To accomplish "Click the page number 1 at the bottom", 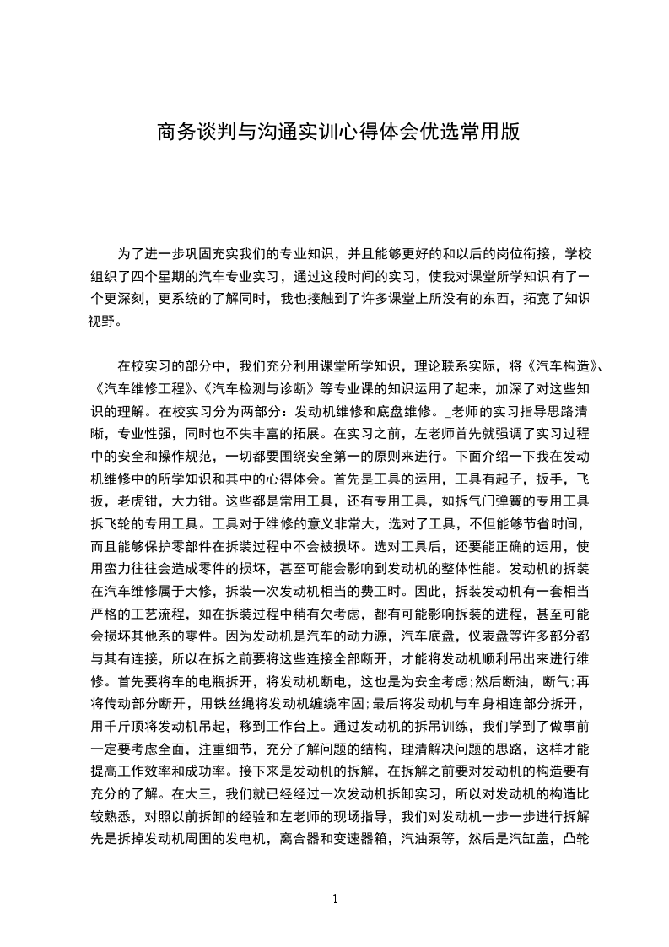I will pos(335,899).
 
